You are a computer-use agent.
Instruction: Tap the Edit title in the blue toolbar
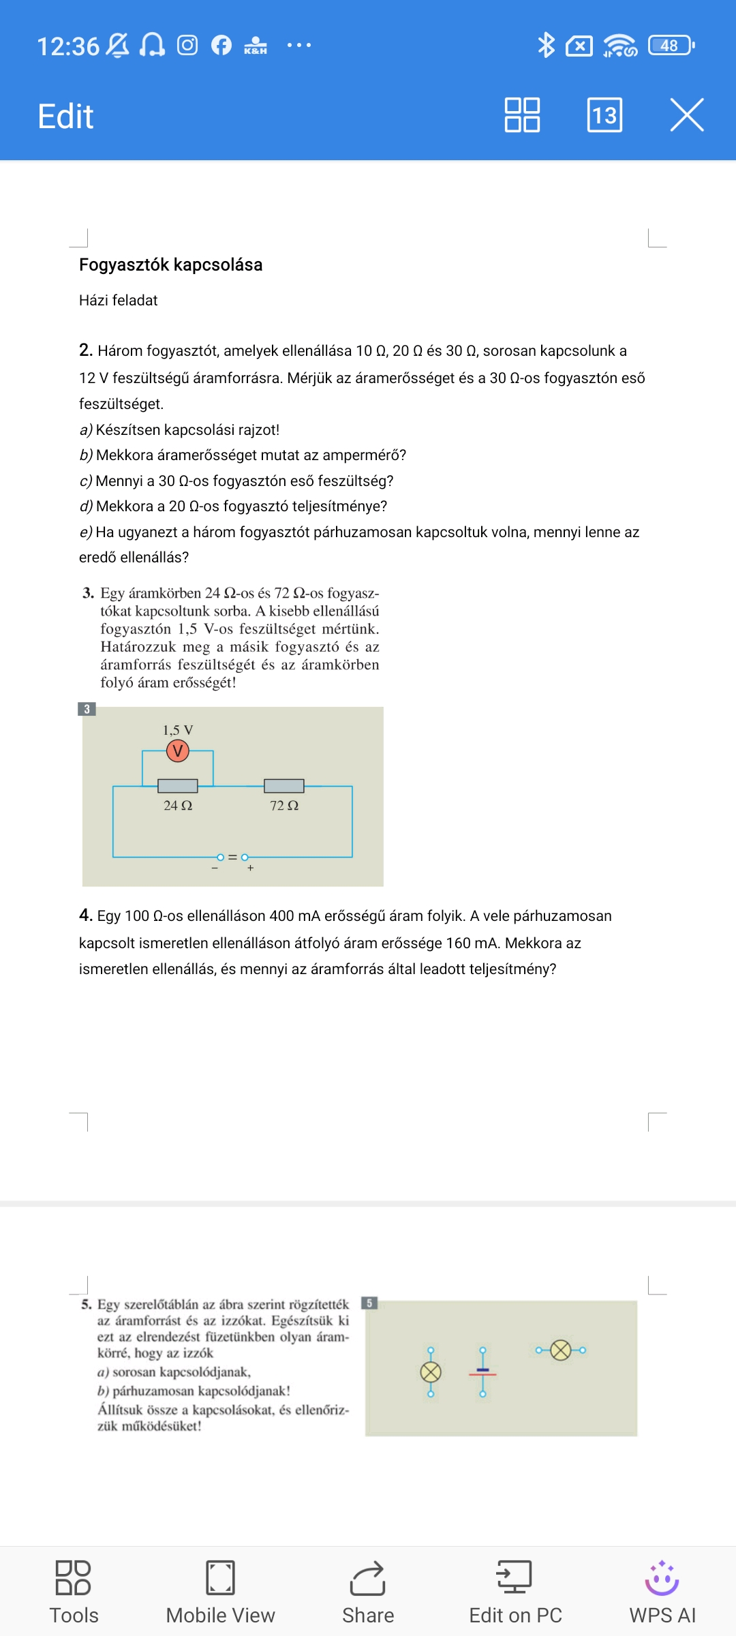pyautogui.click(x=65, y=116)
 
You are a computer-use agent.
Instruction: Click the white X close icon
pyautogui.click(x=686, y=115)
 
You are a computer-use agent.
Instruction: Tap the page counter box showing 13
pyautogui.click(x=604, y=115)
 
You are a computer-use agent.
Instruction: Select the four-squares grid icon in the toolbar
pyautogui.click(x=522, y=115)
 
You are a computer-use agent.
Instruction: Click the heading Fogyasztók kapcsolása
pyautogui.click(x=170, y=264)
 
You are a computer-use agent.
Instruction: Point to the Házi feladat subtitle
pyautogui.click(x=118, y=301)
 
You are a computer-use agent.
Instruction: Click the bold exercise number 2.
pyautogui.click(x=85, y=350)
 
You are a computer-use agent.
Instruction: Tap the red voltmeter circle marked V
pyautogui.click(x=178, y=751)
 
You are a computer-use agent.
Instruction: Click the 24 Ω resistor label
pyautogui.click(x=178, y=806)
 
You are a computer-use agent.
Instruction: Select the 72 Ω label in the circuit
pyautogui.click(x=284, y=806)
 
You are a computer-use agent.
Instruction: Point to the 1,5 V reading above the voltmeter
pyautogui.click(x=178, y=730)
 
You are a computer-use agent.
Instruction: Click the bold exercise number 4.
pyautogui.click(x=85, y=915)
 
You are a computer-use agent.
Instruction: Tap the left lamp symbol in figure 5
pyautogui.click(x=431, y=1372)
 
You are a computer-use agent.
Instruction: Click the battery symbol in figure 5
pyautogui.click(x=482, y=1372)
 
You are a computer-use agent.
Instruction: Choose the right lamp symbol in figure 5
pyautogui.click(x=561, y=1350)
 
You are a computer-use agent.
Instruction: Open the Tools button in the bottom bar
pyautogui.click(x=74, y=1592)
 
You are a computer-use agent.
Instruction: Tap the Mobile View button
pyautogui.click(x=220, y=1592)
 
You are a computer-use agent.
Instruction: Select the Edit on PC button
pyautogui.click(x=515, y=1592)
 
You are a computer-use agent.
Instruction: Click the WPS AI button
pyautogui.click(x=662, y=1592)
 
